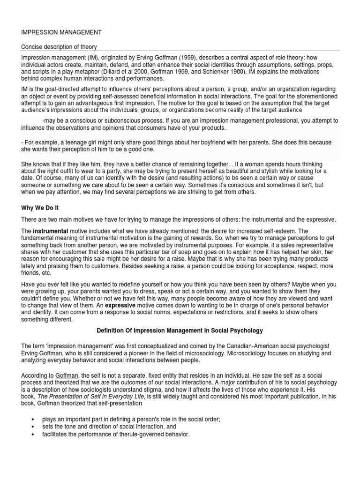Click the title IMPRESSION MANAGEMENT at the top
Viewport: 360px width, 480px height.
[x=61, y=32]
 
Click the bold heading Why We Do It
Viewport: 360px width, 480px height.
[x=41, y=207]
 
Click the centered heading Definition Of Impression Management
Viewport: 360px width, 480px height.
[x=180, y=330]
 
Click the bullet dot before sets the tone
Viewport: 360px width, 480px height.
[x=32, y=427]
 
